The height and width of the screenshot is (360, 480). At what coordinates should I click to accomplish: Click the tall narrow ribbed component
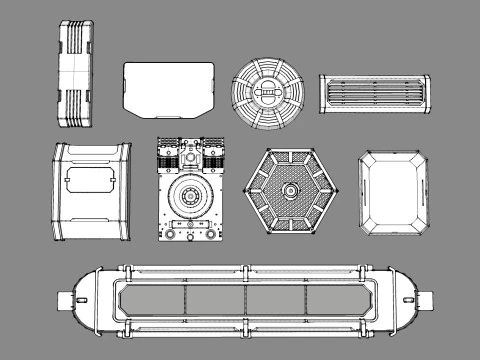pyautogui.click(x=76, y=74)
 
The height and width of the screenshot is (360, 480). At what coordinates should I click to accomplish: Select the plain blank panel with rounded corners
pyautogui.click(x=169, y=87)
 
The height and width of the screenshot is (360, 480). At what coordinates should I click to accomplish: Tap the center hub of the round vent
pyautogui.click(x=267, y=92)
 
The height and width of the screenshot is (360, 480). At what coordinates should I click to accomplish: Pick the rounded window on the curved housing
pyautogui.click(x=89, y=180)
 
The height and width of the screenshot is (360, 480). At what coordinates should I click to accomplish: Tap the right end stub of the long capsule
pyautogui.click(x=428, y=298)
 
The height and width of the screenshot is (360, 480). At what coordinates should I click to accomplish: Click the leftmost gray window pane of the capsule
pyautogui.click(x=152, y=299)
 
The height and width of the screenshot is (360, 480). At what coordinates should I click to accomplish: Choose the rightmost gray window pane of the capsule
pyautogui.click(x=339, y=299)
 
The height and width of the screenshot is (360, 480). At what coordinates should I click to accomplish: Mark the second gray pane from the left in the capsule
pyautogui.click(x=215, y=299)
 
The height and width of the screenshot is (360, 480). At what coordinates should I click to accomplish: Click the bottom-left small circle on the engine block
pyautogui.click(x=170, y=234)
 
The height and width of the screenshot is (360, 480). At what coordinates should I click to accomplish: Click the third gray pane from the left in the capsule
pyautogui.click(x=277, y=299)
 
